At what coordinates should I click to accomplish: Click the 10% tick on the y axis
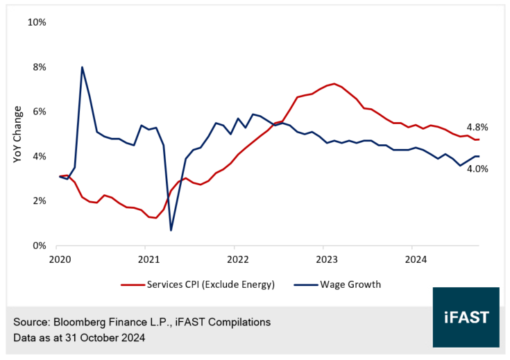(36, 22)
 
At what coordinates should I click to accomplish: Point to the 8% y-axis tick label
(39, 67)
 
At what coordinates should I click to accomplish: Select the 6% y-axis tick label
(39, 112)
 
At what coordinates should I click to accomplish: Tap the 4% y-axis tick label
(39, 157)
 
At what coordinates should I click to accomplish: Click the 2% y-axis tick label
(39, 201)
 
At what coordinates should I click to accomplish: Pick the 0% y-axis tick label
(39, 246)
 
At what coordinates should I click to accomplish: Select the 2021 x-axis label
(148, 259)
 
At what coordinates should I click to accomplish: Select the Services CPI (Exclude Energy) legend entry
(205, 284)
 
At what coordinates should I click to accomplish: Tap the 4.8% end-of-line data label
(478, 128)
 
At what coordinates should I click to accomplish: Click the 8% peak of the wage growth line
(83, 67)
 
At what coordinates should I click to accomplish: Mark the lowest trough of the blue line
(171, 230)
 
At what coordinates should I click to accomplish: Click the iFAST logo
(466, 317)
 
